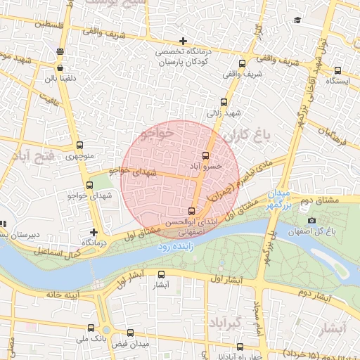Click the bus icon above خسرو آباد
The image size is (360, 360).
point(205,155)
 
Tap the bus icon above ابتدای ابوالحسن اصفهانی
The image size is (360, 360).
point(192,211)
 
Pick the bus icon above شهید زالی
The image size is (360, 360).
point(224,102)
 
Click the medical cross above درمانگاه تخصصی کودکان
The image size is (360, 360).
point(183,41)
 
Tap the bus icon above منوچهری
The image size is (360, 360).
point(79,146)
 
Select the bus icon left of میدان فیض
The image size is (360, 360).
point(129,333)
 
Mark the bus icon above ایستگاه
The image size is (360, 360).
point(338,70)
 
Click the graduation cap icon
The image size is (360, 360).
point(297,20)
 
